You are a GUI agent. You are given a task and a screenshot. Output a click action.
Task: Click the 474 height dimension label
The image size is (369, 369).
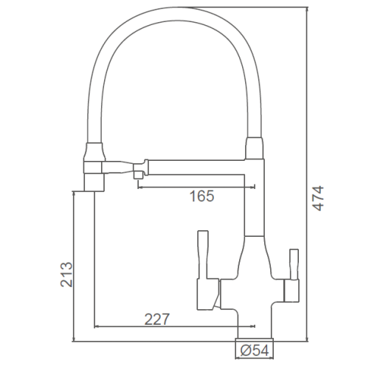[x=319, y=199]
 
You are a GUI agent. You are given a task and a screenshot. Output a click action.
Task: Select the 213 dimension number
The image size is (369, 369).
[x=66, y=275]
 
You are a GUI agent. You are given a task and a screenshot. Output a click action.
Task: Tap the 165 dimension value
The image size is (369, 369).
[x=201, y=196]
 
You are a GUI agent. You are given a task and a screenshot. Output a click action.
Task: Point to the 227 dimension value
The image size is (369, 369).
[x=156, y=319]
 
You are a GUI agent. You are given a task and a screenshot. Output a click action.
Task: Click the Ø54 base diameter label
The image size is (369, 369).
[x=255, y=351]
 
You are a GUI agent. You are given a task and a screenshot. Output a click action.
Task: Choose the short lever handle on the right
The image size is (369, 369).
[x=294, y=264]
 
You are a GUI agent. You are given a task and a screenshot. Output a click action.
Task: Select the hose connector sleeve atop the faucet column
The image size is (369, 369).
[x=255, y=148]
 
